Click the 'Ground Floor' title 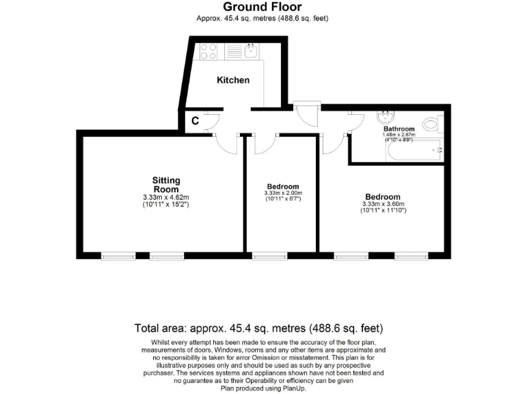tap(262, 8)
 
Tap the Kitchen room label tap(233, 80)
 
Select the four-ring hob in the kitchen tap(208, 51)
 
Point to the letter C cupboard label tap(195, 121)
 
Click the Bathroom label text tap(399, 129)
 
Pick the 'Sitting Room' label tap(166, 185)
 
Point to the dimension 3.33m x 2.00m tap(282, 194)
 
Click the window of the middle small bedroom tap(269, 257)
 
